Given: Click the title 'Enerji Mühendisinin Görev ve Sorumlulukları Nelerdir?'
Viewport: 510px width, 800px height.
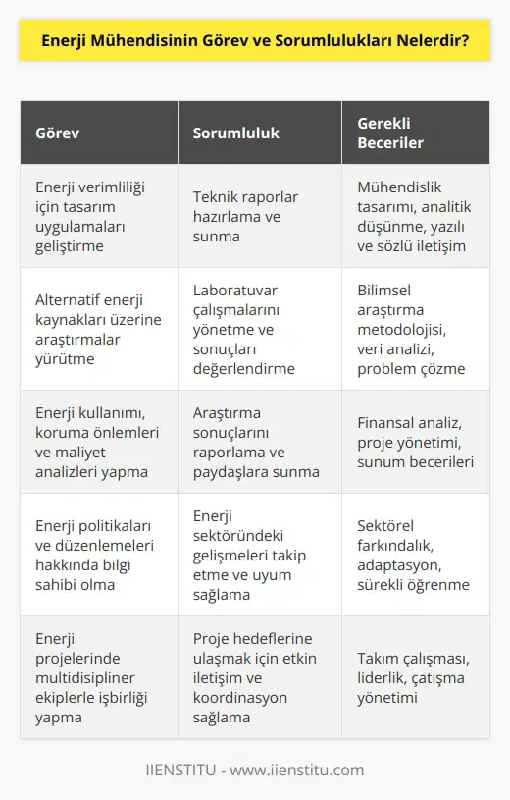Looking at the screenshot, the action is click(255, 43).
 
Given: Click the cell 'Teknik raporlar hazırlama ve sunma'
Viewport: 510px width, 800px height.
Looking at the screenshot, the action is click(245, 216).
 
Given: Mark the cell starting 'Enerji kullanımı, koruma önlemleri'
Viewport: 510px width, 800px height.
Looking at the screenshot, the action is click(92, 442).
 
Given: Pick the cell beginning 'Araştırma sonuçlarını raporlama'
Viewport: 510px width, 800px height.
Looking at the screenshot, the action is click(251, 442).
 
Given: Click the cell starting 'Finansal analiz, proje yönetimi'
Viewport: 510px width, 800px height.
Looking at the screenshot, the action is click(417, 442).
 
